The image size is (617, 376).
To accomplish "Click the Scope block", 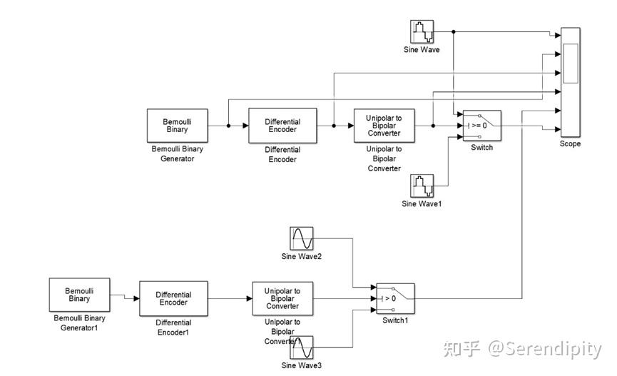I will [x=571, y=82].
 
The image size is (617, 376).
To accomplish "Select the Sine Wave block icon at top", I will [x=422, y=32].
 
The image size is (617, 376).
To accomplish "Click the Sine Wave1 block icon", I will [x=422, y=186].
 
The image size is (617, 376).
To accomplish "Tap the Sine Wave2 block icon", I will [x=301, y=238].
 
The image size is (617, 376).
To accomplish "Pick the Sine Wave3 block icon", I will [x=301, y=348].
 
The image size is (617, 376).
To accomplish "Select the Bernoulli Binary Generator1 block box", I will [x=79, y=295].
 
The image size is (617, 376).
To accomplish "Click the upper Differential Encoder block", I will [x=282, y=126].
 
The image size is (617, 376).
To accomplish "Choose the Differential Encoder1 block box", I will [x=173, y=298].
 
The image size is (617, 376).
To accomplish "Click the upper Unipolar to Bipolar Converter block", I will [x=384, y=126].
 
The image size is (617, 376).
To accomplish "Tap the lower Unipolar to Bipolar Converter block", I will [x=282, y=298].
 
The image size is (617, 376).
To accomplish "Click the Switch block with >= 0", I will [x=481, y=126].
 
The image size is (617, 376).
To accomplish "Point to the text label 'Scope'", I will [x=570, y=143].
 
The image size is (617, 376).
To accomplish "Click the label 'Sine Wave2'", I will [x=301, y=256].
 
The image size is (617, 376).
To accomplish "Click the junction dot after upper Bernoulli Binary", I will [x=228, y=126].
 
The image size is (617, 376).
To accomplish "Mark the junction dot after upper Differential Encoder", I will [x=334, y=126].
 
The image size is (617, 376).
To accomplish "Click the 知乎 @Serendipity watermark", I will [x=522, y=349].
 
